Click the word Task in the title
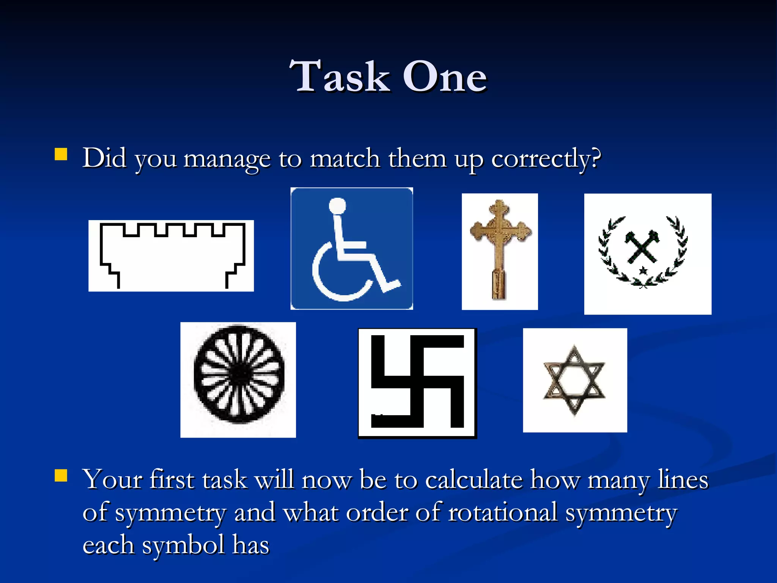click(x=340, y=77)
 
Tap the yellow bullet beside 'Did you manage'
click(x=61, y=154)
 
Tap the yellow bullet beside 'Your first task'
click(x=61, y=475)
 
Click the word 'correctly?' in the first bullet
click(x=546, y=159)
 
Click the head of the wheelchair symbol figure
click(x=337, y=206)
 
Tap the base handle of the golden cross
click(x=498, y=285)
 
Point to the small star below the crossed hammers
click(x=643, y=271)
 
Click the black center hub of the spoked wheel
click(x=239, y=374)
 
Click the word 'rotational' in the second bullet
click(x=503, y=512)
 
